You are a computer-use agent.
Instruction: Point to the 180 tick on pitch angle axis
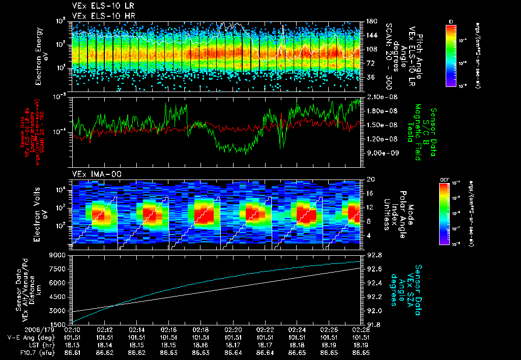370,21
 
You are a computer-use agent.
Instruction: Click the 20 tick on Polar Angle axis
370,179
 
